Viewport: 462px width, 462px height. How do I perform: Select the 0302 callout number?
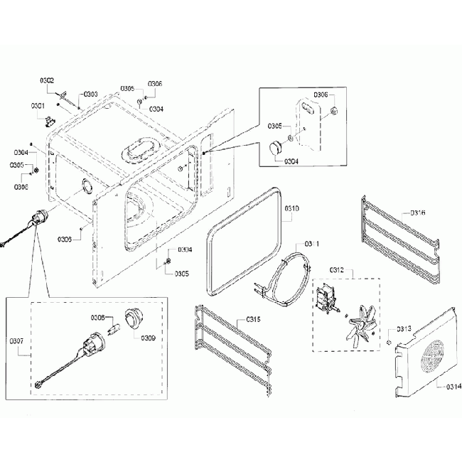click(x=47, y=81)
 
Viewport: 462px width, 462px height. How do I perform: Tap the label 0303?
click(x=90, y=94)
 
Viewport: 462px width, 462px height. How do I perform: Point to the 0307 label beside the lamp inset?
click(x=16, y=340)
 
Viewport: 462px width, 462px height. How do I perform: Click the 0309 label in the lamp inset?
click(x=148, y=338)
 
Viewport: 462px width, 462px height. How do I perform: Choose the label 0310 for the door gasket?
click(x=292, y=208)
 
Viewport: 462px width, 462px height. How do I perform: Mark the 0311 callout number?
click(x=312, y=244)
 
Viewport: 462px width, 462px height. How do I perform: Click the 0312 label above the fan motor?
click(x=338, y=269)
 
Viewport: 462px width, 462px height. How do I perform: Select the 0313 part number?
click(x=404, y=328)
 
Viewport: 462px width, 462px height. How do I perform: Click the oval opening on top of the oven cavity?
click(x=145, y=146)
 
